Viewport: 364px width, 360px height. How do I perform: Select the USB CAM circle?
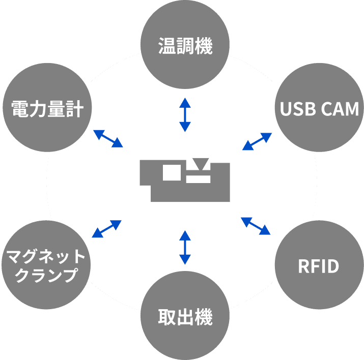(319, 109)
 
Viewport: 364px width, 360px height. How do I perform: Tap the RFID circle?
(319, 266)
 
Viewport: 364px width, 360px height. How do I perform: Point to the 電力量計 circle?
(47, 108)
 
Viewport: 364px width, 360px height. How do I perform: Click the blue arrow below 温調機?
(185, 114)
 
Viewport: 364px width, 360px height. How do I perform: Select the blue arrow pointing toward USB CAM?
(257, 141)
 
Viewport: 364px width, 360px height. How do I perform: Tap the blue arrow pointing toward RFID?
(256, 226)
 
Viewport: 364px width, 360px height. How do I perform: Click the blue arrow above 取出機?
(185, 247)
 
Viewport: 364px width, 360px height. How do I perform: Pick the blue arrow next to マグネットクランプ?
(106, 229)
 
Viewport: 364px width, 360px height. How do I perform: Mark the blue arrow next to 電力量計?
(108, 138)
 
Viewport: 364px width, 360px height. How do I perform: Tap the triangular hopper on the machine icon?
(201, 164)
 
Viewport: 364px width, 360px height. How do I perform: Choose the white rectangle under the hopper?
(199, 178)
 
